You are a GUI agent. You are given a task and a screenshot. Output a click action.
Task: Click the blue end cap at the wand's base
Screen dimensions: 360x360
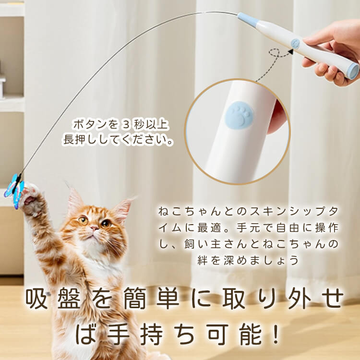(x=353, y=71)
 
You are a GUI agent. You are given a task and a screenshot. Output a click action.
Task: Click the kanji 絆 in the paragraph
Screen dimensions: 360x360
(x=203, y=260)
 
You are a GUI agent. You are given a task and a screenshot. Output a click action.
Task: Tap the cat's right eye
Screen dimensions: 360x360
(x=84, y=220)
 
